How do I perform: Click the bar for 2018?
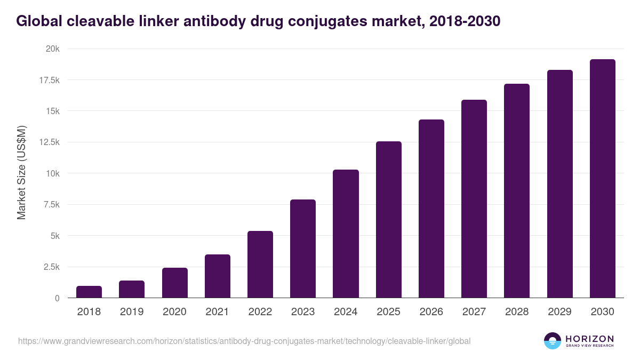click(89, 292)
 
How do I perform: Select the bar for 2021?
click(218, 276)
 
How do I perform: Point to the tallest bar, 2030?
click(602, 179)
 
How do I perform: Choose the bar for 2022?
click(260, 265)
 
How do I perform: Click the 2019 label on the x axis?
click(132, 312)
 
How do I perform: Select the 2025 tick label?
click(388, 312)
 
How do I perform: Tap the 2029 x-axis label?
click(559, 312)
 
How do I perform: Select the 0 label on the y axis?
click(57, 298)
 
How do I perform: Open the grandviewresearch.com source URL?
click(244, 341)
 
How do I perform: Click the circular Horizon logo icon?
click(552, 341)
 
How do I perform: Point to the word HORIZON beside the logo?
click(590, 338)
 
